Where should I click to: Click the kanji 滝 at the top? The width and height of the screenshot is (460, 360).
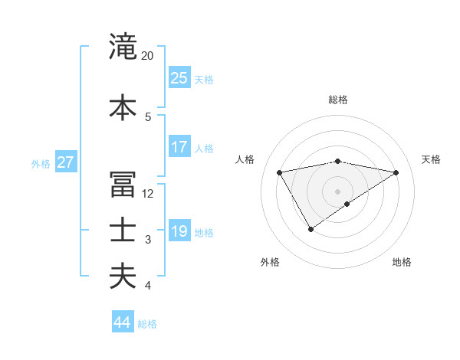pyautogui.click(x=123, y=47)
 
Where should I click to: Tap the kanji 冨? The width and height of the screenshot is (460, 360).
pyautogui.click(x=123, y=185)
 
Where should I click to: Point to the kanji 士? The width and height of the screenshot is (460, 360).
pyautogui.click(x=123, y=231)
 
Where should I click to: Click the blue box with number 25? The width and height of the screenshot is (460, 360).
pyautogui.click(x=179, y=78)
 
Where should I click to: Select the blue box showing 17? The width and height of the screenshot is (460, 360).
pyautogui.click(x=179, y=147)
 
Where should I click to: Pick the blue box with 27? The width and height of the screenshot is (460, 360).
pyautogui.click(x=66, y=162)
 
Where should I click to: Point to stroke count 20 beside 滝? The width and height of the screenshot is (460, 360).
pyautogui.click(x=148, y=56)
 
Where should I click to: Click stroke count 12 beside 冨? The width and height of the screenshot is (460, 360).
pyautogui.click(x=148, y=194)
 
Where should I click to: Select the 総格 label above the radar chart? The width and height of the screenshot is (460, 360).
pyautogui.click(x=338, y=100)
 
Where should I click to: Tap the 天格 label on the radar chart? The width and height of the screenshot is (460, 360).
pyautogui.click(x=431, y=159)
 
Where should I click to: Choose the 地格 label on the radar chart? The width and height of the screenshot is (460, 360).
pyautogui.click(x=402, y=262)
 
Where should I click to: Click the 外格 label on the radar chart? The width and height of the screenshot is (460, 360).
pyautogui.click(x=270, y=262)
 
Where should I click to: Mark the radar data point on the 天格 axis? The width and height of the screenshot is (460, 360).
pyautogui.click(x=396, y=172)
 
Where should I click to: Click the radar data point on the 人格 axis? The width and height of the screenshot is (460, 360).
pyautogui.click(x=280, y=172)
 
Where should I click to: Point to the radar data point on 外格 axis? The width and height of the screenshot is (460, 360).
pyautogui.click(x=310, y=229)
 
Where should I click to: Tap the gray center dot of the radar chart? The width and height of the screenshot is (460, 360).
pyautogui.click(x=338, y=191)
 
